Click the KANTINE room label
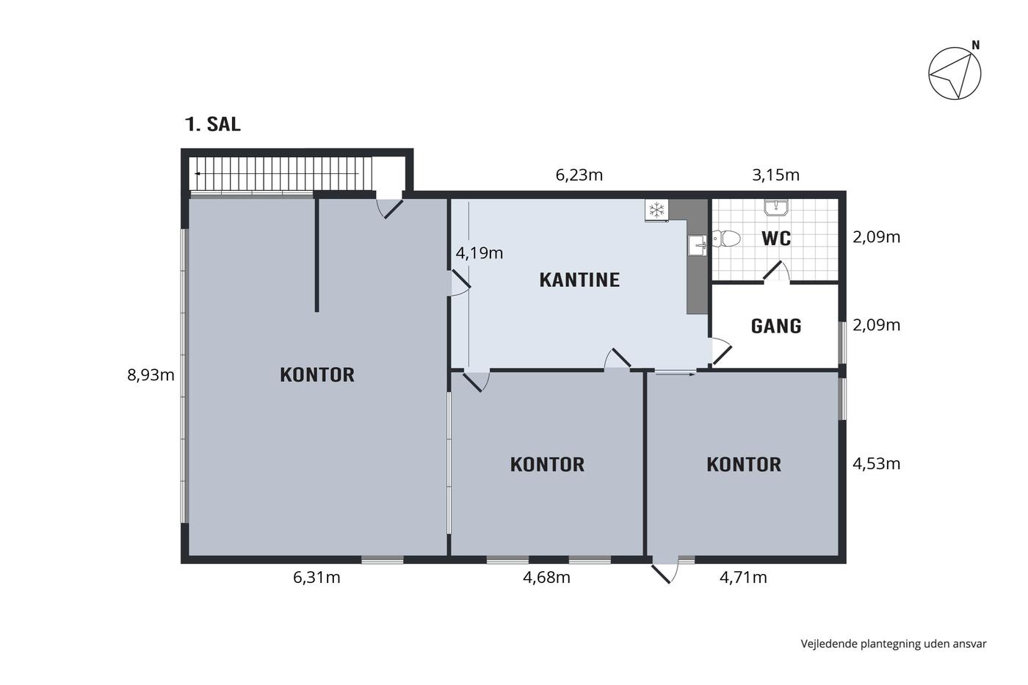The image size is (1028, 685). coord(579,280)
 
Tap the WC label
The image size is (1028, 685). coord(776,239)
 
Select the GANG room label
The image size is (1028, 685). coord(776,326)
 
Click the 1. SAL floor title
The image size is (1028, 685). coord(212,124)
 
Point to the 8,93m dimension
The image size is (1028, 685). coord(151,375)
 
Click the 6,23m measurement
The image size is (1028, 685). coord(579,175)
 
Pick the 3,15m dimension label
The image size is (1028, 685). coord(775,175)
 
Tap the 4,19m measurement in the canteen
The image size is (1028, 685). coord(479,253)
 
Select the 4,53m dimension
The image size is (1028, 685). coord(877,464)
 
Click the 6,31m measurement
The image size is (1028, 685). coord(316,577)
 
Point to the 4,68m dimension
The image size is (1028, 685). coord(546,577)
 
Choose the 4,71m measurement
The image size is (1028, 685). coord(743,577)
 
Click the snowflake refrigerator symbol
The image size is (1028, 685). coord(656,210)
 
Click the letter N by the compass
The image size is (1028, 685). coord(976,46)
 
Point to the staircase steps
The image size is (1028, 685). coord(280,173)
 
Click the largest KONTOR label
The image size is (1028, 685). coord(317,375)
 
